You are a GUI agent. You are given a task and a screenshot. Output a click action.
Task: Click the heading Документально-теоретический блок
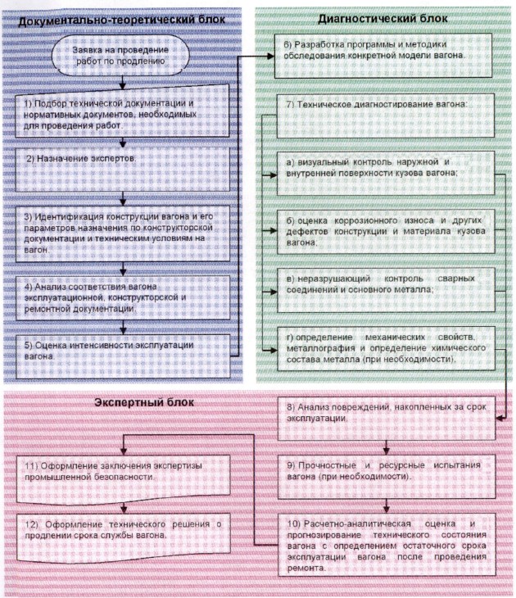[x=122, y=20]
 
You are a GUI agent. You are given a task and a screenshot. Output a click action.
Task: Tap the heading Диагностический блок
[x=382, y=18]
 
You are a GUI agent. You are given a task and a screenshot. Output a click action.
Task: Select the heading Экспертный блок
[x=144, y=402]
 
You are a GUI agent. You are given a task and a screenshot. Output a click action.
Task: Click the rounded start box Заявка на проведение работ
[x=120, y=55]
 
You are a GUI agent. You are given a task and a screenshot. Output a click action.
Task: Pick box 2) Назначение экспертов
[x=122, y=170]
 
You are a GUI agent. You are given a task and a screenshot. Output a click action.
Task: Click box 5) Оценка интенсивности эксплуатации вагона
[x=123, y=356]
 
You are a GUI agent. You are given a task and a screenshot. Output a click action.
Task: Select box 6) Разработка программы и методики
[x=383, y=56]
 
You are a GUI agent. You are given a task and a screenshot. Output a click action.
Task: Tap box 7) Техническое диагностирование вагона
[x=385, y=116]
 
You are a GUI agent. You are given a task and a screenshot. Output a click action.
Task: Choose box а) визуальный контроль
[x=386, y=173]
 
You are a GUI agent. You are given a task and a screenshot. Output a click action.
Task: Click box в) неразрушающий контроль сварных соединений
[x=386, y=290]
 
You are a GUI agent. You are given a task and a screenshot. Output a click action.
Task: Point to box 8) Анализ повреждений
[x=387, y=419]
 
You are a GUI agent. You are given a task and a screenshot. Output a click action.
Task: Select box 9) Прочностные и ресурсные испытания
[x=387, y=477]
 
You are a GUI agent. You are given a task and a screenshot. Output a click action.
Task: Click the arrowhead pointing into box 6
[x=270, y=56]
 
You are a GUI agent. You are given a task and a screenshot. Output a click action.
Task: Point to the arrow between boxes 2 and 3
[x=123, y=199]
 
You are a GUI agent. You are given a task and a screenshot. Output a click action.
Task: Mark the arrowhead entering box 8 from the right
[x=500, y=419]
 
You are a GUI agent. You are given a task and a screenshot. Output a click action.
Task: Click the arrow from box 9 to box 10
[x=387, y=506]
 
